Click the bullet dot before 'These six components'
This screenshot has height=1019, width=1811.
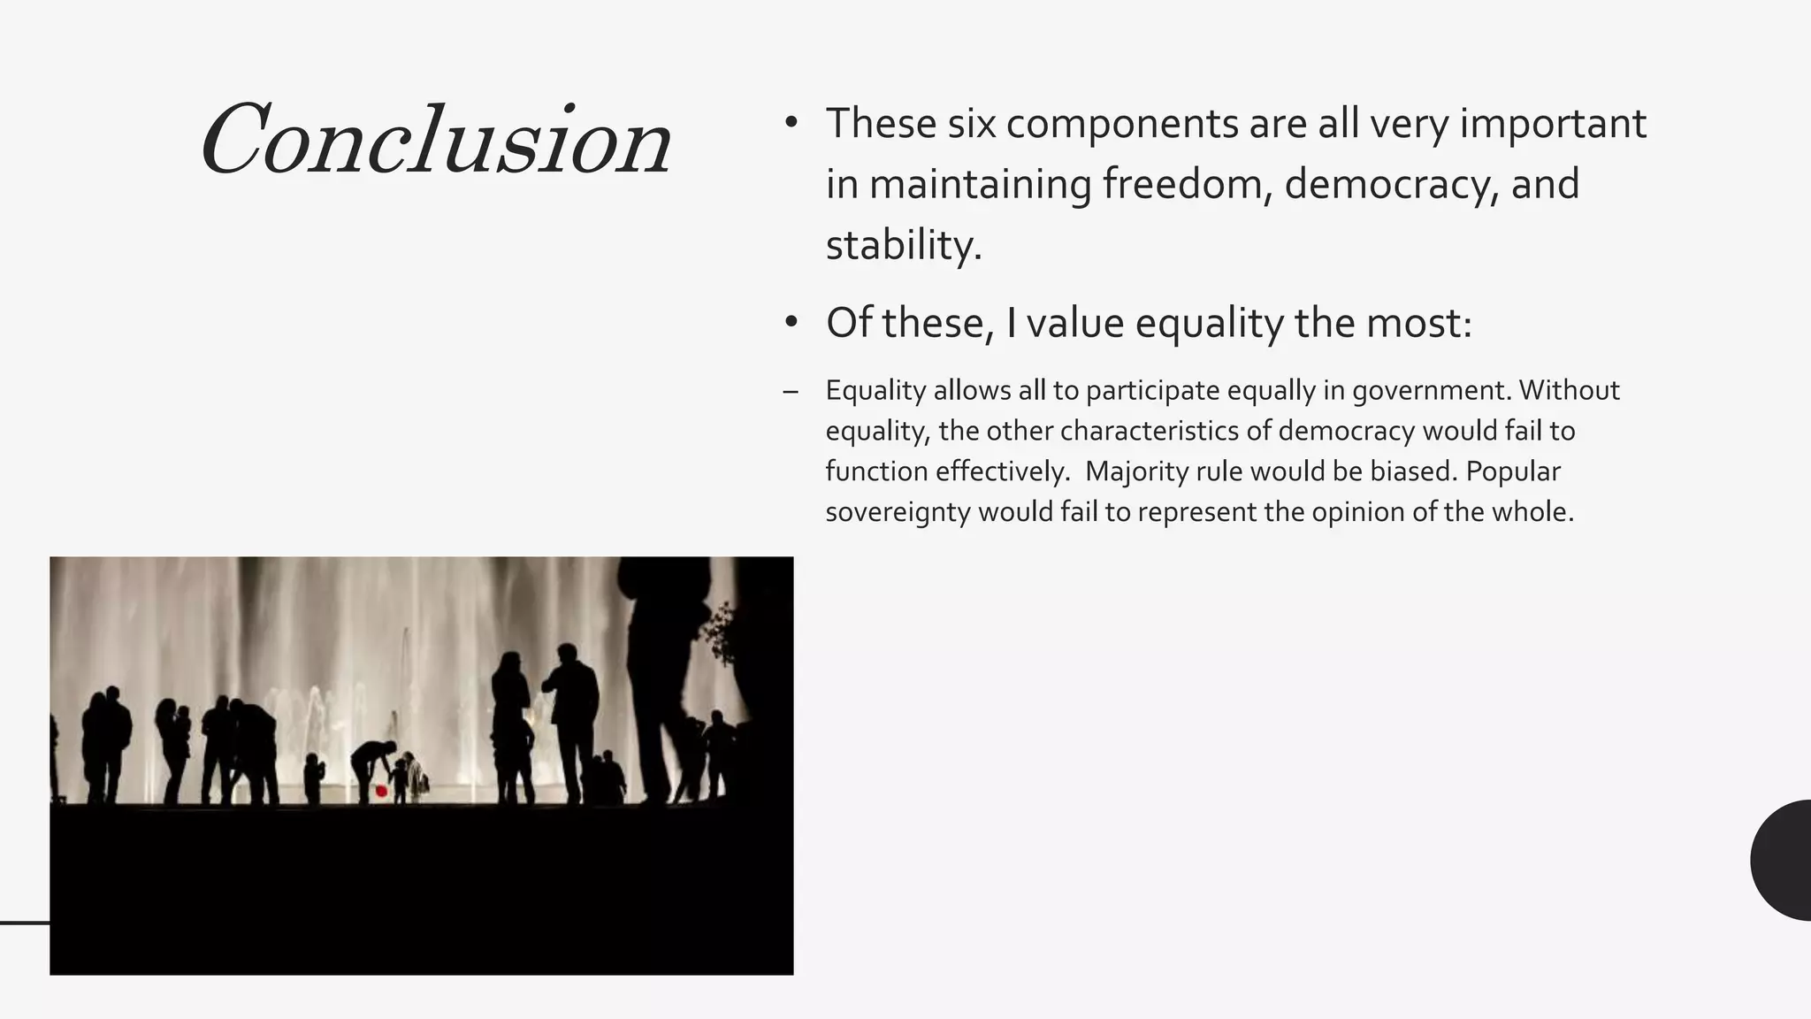791,123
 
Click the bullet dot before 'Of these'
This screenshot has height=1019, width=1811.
791,322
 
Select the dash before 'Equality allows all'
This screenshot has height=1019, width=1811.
791,391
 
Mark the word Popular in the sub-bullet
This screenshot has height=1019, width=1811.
1512,471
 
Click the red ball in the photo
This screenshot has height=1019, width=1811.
381,791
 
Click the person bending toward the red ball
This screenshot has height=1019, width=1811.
371,762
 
